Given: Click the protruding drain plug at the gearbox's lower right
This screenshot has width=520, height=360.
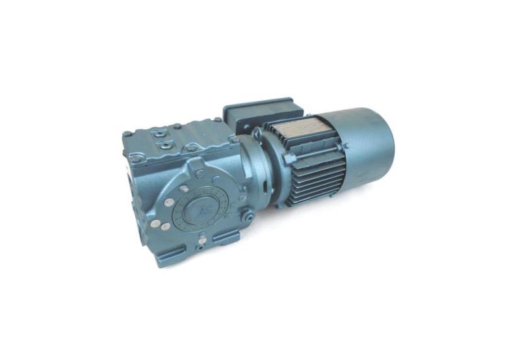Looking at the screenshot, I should coord(248,218).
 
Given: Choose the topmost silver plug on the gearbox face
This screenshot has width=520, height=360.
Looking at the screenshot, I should coord(184,188).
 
